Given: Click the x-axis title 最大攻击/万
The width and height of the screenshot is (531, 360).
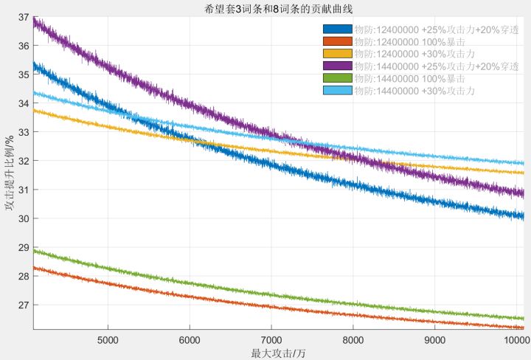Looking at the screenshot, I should point(279,353).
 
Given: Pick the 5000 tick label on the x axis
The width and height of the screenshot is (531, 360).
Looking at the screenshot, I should point(108,339).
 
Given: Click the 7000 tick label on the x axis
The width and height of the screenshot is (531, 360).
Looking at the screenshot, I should point(271,339).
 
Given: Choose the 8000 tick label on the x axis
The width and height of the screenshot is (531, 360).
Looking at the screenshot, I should point(353,339).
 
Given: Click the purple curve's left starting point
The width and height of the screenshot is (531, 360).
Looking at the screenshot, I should point(35,22).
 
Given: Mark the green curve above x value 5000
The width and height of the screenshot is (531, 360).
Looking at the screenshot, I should point(108,266).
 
